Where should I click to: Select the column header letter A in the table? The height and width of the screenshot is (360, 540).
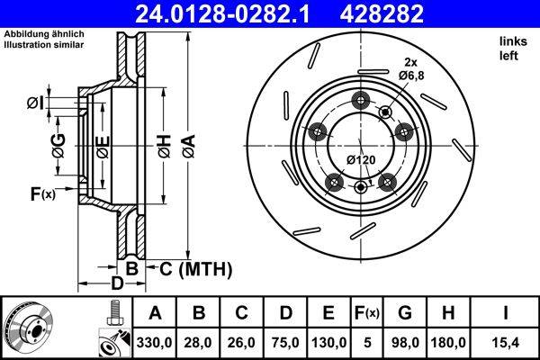click(x=155, y=313)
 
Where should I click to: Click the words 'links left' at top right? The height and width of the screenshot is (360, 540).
click(x=509, y=49)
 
